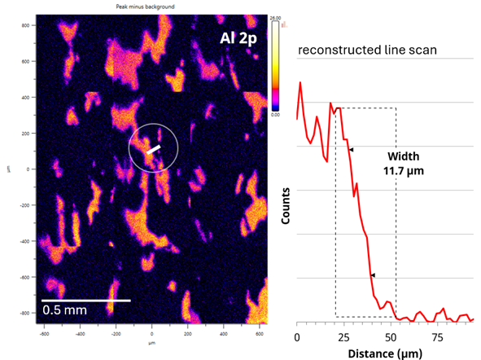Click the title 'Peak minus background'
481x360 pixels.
[x=152, y=7]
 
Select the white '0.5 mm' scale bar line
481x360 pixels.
[x=86, y=300]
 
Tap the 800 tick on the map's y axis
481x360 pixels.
[x=25, y=25]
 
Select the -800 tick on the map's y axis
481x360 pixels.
[x=24, y=313]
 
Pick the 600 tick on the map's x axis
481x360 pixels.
[x=259, y=334]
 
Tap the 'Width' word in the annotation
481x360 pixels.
[x=398, y=156]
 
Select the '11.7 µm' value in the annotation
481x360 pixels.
[x=398, y=170]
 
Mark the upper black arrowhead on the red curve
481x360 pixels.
[x=352, y=150]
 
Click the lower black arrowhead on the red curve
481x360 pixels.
[x=373, y=276]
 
